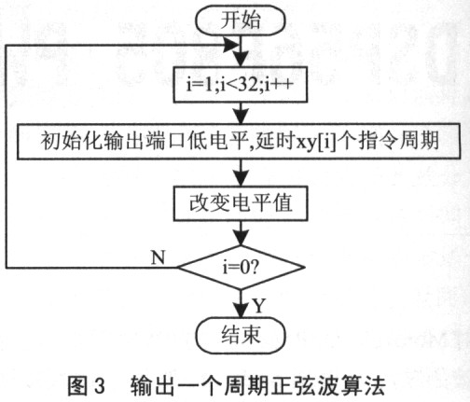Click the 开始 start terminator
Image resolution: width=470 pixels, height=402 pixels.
pos(241,20)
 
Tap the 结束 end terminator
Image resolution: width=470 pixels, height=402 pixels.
pos(241,336)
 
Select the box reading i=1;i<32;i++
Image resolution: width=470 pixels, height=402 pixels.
pos(241,84)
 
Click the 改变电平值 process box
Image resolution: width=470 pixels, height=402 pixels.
pos(241,203)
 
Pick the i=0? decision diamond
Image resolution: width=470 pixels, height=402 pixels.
pos(241,268)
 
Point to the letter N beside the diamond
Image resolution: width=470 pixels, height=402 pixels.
pos(158,257)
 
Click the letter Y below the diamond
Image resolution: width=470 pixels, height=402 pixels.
pos(258,306)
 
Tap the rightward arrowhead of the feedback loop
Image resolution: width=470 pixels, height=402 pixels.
pos(230,46)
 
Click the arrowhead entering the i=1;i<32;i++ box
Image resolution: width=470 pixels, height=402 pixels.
pos(241,59)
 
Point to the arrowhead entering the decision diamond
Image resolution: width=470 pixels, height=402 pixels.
pos(241,237)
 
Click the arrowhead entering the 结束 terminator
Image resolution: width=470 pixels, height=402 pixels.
pos(241,310)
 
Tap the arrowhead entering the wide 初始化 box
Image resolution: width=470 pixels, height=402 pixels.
pos(241,116)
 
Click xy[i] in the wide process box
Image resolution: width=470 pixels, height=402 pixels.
pos(316,143)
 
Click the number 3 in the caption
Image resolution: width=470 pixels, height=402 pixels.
pos(99,386)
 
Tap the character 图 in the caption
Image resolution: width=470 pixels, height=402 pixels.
pos(78,386)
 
